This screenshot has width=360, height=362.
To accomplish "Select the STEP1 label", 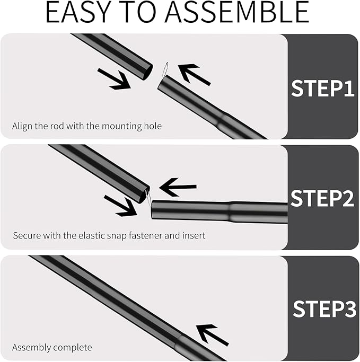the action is [322, 88].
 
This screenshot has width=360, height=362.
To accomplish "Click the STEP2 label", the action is [322, 198].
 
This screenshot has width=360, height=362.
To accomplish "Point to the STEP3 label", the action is [324, 309].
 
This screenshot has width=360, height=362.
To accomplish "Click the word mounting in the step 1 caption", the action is [121, 127].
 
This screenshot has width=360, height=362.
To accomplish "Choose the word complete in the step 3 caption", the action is [71, 348].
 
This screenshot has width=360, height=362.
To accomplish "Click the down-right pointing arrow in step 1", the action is [114, 78].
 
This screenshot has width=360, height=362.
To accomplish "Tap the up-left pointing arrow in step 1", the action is [194, 74].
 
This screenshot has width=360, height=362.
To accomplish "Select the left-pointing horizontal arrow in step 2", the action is [178, 187].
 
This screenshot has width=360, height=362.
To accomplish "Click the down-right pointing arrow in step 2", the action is [120, 206].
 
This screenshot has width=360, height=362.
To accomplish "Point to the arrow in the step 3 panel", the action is [212, 334].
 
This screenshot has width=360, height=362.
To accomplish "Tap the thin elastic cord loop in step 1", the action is [165, 70].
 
